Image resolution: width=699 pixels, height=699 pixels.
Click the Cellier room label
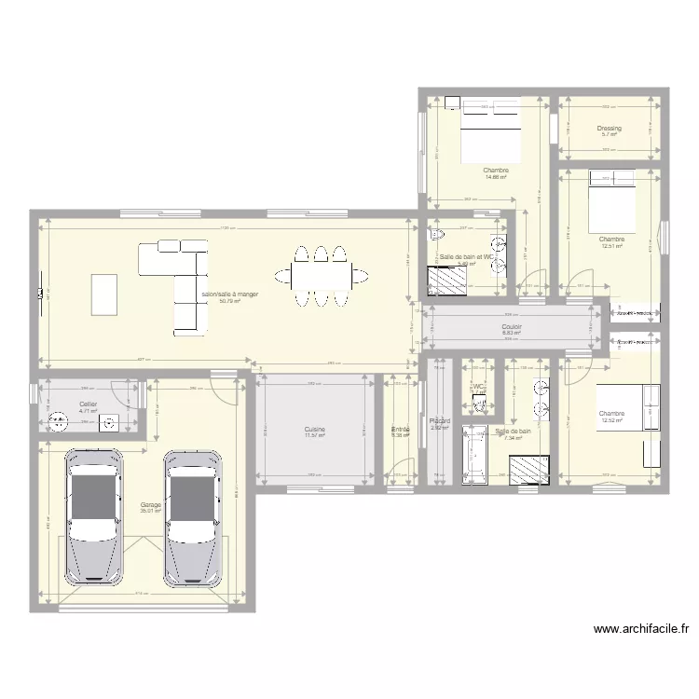(89, 404)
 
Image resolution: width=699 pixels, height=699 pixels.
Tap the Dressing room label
(610, 129)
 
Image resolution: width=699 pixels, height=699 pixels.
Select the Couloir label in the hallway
(512, 327)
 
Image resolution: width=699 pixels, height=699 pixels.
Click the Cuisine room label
(315, 429)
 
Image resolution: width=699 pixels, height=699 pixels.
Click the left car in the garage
(92, 517)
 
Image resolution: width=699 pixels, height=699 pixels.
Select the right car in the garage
(193, 517)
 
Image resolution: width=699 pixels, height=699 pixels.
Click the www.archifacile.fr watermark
(641, 630)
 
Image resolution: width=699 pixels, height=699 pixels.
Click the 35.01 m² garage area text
(150, 511)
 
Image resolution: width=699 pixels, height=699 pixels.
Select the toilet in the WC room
(480, 403)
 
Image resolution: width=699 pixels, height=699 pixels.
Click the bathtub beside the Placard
(474, 455)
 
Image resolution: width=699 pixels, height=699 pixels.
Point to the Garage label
(150, 504)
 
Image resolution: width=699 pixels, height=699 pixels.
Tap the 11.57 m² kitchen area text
(315, 435)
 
